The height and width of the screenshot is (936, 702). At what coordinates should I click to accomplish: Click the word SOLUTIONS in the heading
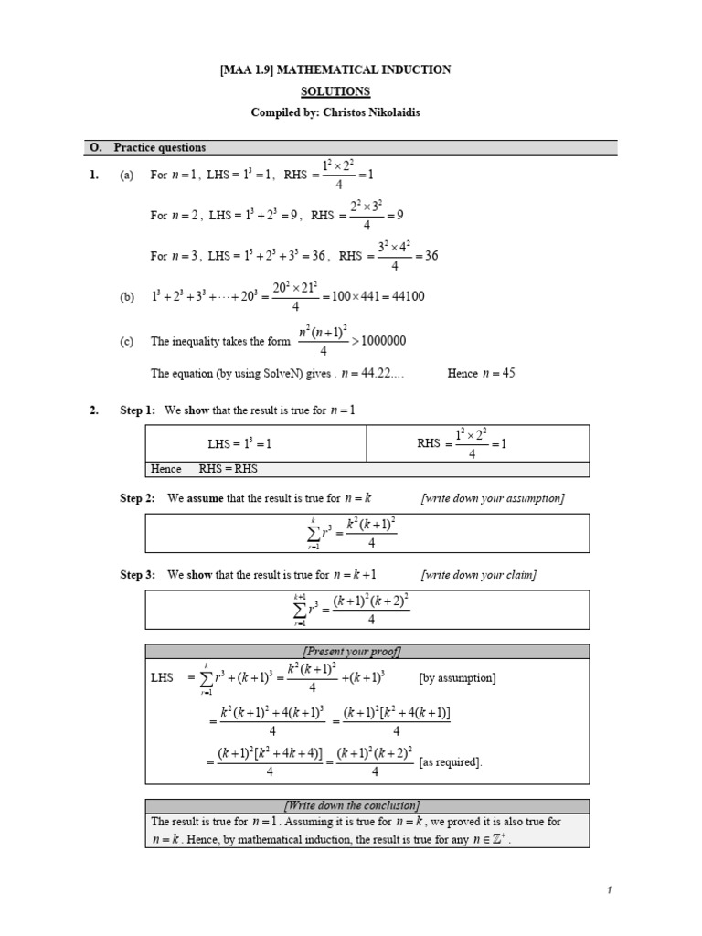coord(336,91)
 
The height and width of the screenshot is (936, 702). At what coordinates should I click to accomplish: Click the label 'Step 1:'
coord(137,410)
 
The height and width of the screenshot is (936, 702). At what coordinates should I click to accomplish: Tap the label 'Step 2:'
coord(137,497)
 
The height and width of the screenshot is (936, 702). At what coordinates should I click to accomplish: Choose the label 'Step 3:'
coord(137,575)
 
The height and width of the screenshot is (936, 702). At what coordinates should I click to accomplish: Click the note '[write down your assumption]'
coord(492,497)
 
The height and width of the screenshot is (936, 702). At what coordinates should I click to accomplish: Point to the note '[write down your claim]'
coord(478,575)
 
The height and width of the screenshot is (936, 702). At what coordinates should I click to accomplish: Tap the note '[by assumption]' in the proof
coord(457,678)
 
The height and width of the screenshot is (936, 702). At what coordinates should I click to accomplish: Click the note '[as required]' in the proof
coord(451,762)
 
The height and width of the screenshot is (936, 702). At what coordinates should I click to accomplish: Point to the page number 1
coord(607,889)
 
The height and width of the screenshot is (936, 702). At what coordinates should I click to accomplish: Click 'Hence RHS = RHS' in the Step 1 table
coord(209,469)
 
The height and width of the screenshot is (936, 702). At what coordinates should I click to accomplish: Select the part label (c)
coord(127,342)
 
